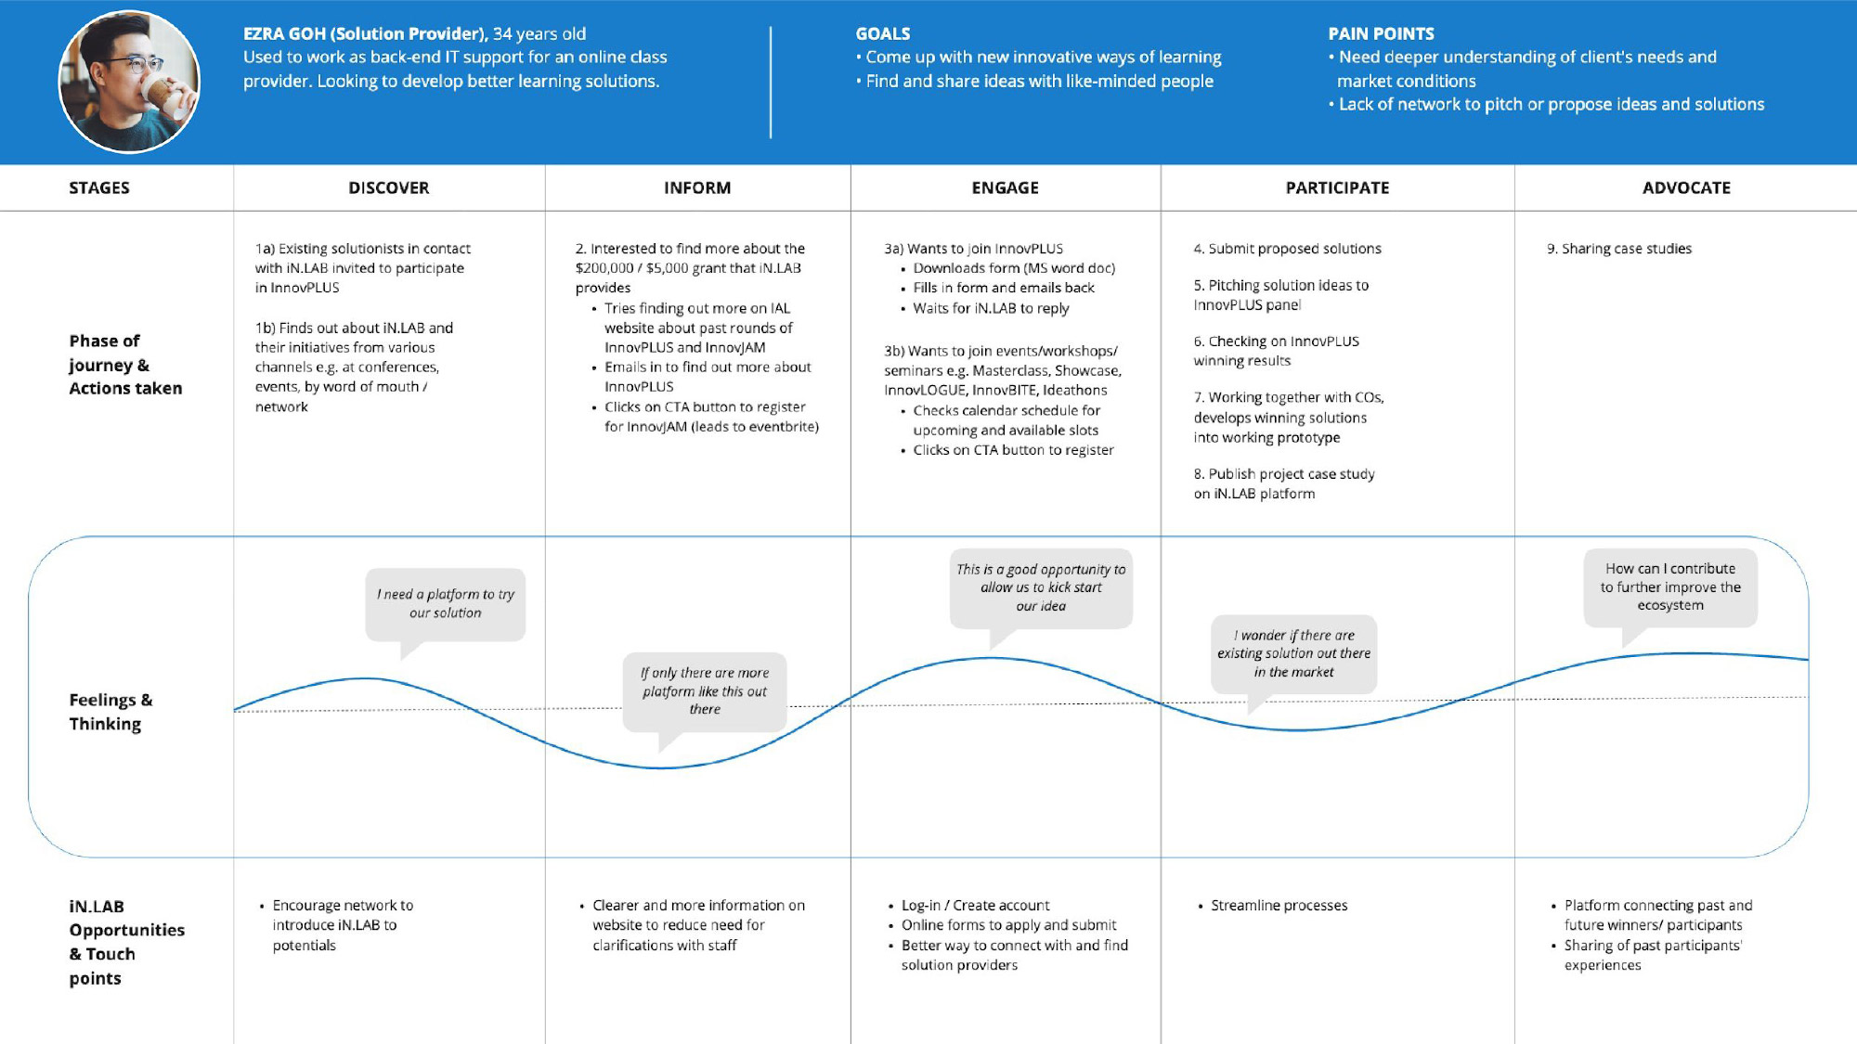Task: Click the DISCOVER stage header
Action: [388, 187]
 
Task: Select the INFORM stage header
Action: [697, 187]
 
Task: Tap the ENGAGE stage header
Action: [1005, 187]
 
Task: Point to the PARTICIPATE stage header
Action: [1337, 187]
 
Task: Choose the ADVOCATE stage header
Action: [1686, 187]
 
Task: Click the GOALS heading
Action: [883, 33]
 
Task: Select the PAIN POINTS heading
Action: [1381, 33]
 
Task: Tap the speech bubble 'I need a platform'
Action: [446, 605]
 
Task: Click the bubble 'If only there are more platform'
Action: [706, 692]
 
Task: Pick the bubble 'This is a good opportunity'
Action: [1041, 588]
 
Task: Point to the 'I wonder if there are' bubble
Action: [1293, 654]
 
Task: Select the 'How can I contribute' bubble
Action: [1670, 587]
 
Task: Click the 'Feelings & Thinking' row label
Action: [110, 712]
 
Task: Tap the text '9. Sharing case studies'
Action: [1619, 249]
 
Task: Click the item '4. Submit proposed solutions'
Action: [1287, 249]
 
